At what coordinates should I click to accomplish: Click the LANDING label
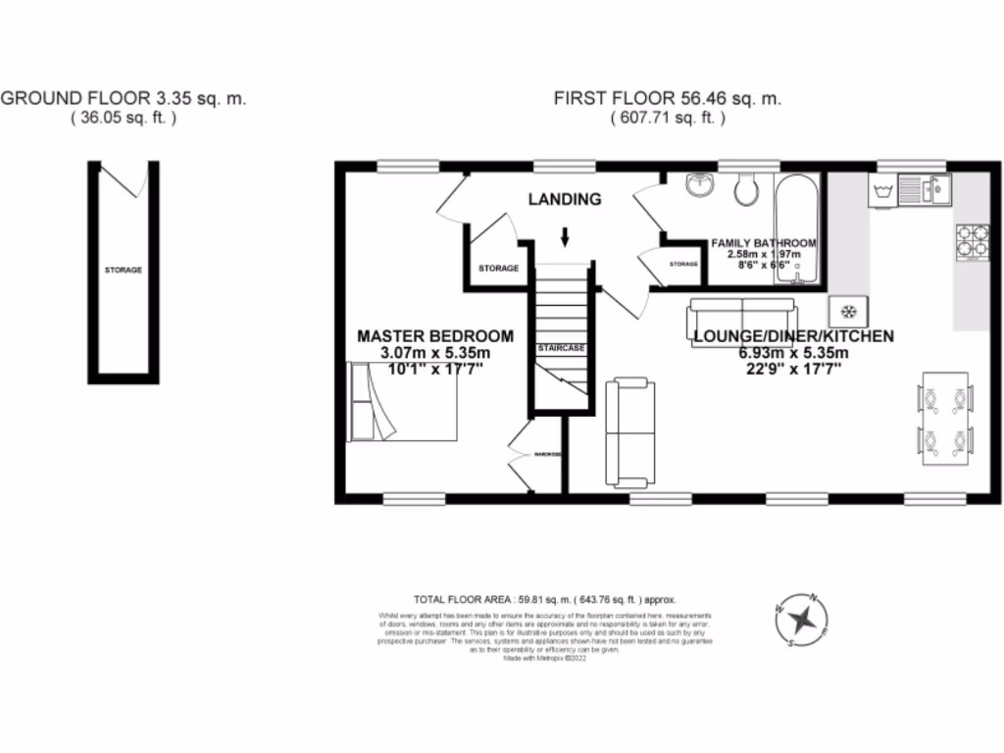(565, 199)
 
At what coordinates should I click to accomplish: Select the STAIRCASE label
(561, 348)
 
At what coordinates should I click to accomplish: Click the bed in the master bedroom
(402, 401)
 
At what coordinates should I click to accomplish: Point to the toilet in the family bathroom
(746, 188)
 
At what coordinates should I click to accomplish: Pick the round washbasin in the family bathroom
(698, 184)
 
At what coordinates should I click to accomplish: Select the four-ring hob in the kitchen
(972, 241)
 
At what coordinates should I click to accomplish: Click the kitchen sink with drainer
(923, 187)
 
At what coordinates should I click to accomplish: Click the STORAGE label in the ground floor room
(125, 270)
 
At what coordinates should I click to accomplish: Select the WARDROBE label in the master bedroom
(547, 455)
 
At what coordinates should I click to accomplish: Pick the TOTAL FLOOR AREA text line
(545, 599)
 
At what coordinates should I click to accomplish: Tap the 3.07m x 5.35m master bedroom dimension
(435, 353)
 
